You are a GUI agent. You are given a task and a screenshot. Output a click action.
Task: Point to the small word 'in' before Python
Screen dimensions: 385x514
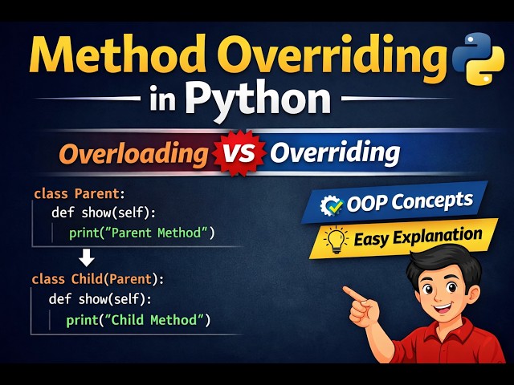coord(164,102)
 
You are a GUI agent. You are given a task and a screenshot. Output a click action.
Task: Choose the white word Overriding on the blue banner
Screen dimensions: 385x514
coord(335,152)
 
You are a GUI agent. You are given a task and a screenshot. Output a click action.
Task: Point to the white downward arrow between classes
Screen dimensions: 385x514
coord(88,258)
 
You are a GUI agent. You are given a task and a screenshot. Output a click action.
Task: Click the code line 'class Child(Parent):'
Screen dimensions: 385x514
coord(97,279)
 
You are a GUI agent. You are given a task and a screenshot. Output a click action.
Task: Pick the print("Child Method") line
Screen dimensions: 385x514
coord(138,320)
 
